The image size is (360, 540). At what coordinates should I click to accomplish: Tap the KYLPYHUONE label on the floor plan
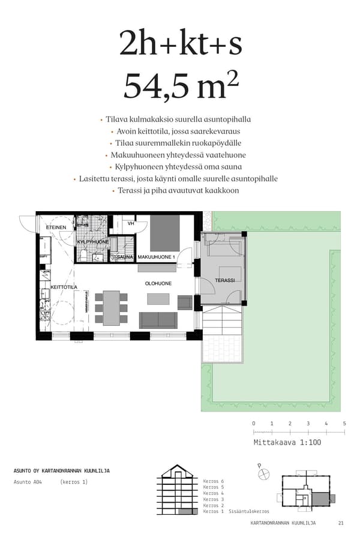93,241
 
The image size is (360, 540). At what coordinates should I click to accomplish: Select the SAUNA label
125,257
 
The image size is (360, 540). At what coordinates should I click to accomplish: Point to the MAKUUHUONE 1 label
156,257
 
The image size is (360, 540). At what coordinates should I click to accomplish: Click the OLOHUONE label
158,283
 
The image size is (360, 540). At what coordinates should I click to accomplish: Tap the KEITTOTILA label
64,287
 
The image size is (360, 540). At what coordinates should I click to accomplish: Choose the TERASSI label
225,280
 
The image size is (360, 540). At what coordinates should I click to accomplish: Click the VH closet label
130,223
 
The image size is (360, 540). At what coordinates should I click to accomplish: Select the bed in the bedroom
164,233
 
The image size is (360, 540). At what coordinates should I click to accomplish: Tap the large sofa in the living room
158,320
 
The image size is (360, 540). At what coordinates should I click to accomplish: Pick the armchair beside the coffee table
185,302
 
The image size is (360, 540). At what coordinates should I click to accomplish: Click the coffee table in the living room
158,298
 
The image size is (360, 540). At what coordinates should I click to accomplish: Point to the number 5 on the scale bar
344,424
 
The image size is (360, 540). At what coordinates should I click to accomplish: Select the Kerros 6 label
213,481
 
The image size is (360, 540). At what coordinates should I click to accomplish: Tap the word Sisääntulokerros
249,511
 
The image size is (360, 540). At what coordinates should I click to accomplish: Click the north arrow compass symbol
263,473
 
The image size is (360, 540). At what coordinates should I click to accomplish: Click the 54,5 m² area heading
181,85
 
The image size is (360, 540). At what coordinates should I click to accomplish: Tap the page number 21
341,523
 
